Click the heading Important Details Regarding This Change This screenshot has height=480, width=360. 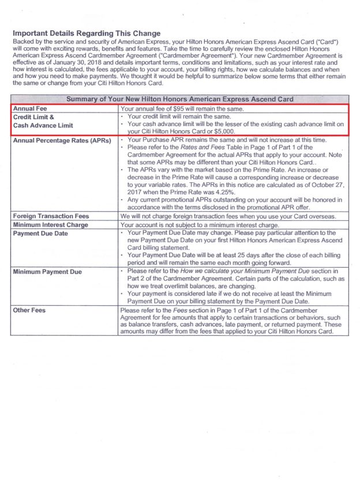coord(87,33)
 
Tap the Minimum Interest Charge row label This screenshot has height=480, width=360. coord(50,224)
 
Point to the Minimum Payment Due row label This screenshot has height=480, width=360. coord(47,271)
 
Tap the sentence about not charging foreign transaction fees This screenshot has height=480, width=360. coord(228,216)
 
